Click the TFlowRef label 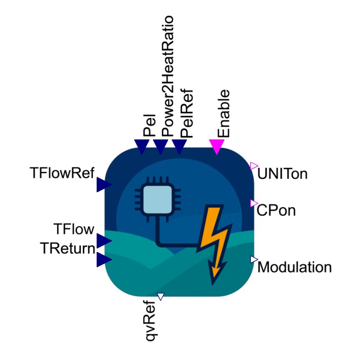point(62,173)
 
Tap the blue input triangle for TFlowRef point(104,184)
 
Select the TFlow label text point(74,229)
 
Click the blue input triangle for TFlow point(104,241)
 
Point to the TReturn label point(67,248)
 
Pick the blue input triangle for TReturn point(104,259)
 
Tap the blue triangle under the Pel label point(142,147)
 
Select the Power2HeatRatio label point(167,76)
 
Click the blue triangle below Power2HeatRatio point(160,147)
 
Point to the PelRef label point(186,114)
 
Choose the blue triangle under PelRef point(179,147)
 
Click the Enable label point(224,114)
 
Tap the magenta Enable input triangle point(217,147)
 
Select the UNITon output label point(282,174)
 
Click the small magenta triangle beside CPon point(254,204)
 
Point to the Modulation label point(295,267)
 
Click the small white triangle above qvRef point(160,296)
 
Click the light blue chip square point(157,200)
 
